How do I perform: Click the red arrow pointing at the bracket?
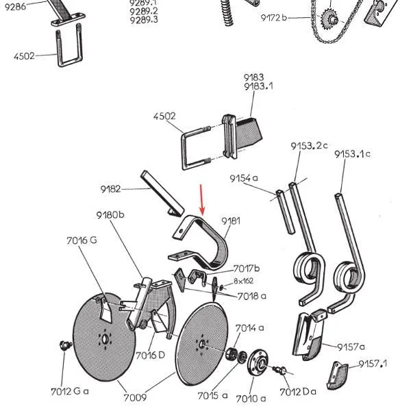(201, 200)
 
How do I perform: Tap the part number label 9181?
(231, 221)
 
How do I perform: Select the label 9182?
(110, 189)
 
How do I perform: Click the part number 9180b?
(110, 215)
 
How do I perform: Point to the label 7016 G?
(82, 240)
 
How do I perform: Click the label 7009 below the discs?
(135, 397)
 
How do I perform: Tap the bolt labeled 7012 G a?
(65, 345)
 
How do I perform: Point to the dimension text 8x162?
(243, 281)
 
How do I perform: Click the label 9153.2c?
(309, 146)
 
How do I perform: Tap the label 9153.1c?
(352, 154)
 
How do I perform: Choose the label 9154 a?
(244, 178)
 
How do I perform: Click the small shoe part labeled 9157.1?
(336, 375)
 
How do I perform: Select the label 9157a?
(351, 347)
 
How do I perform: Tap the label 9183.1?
(258, 86)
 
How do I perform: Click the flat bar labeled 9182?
(162, 193)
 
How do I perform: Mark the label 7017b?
(247, 269)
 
